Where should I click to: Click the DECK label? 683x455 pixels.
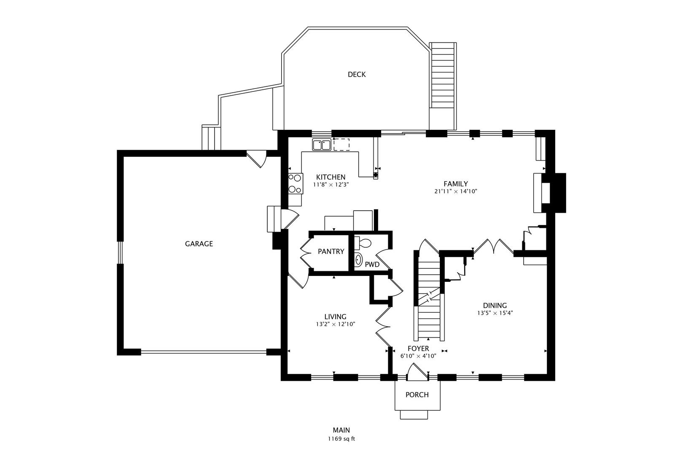click(356, 75)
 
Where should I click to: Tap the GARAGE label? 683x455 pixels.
click(199, 244)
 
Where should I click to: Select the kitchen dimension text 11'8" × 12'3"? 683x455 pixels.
click(331, 185)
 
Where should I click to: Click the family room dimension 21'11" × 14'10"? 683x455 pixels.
click(455, 191)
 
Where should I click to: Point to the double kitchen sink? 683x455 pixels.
click(322, 145)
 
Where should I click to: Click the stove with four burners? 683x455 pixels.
click(295, 184)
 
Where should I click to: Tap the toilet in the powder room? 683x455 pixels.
click(363, 243)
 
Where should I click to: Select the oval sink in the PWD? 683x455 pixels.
click(358, 260)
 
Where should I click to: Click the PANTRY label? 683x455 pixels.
click(331, 252)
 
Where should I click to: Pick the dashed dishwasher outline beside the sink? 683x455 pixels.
click(341, 145)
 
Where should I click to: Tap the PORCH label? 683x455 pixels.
click(417, 395)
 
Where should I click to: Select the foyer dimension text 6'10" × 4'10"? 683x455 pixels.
click(418, 356)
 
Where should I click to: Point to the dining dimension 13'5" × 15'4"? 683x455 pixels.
click(495, 313)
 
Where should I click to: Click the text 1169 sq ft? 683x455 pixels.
click(341, 439)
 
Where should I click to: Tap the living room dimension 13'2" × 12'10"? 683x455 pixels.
click(335, 324)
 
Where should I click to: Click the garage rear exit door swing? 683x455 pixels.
click(256, 159)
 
